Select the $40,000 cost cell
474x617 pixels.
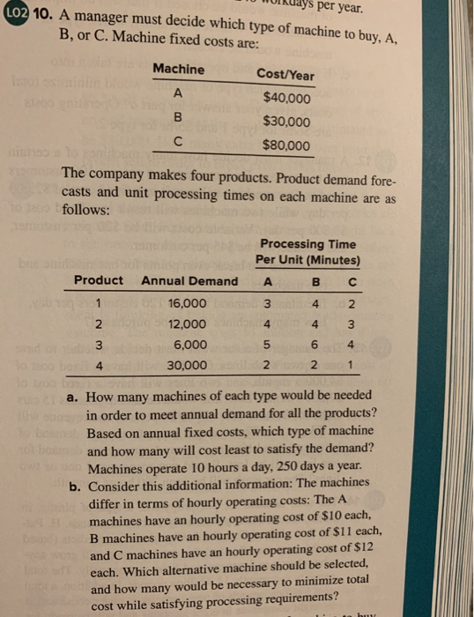(286, 97)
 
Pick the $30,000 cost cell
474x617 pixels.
(286, 121)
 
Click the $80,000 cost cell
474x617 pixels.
(286, 145)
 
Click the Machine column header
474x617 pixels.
(178, 69)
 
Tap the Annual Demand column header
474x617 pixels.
(189, 280)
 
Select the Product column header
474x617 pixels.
(98, 280)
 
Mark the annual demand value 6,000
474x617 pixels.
(189, 344)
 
